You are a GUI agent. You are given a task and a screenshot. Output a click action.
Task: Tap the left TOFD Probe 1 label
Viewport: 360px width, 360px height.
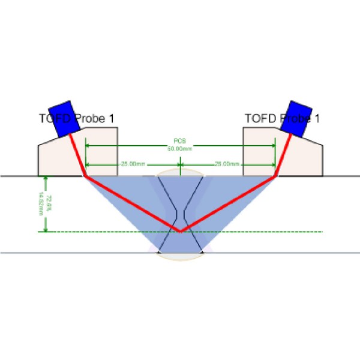[76, 119]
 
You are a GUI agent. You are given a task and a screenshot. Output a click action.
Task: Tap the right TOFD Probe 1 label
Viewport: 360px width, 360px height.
[282, 119]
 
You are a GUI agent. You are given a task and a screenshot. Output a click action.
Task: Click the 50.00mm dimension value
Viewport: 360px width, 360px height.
[180, 148]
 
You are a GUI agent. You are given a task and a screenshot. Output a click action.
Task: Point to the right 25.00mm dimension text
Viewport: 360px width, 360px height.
[227, 164]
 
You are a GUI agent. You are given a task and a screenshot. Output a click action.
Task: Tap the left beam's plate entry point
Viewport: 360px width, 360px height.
[86, 176]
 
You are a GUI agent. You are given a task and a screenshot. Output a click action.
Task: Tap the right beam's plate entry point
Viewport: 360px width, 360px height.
[275, 176]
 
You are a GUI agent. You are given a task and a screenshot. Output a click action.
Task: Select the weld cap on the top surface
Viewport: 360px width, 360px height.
[180, 172]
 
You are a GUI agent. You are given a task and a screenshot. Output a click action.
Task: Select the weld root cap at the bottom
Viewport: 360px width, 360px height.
[180, 257]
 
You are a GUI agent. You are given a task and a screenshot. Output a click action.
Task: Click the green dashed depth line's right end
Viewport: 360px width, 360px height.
[322, 232]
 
